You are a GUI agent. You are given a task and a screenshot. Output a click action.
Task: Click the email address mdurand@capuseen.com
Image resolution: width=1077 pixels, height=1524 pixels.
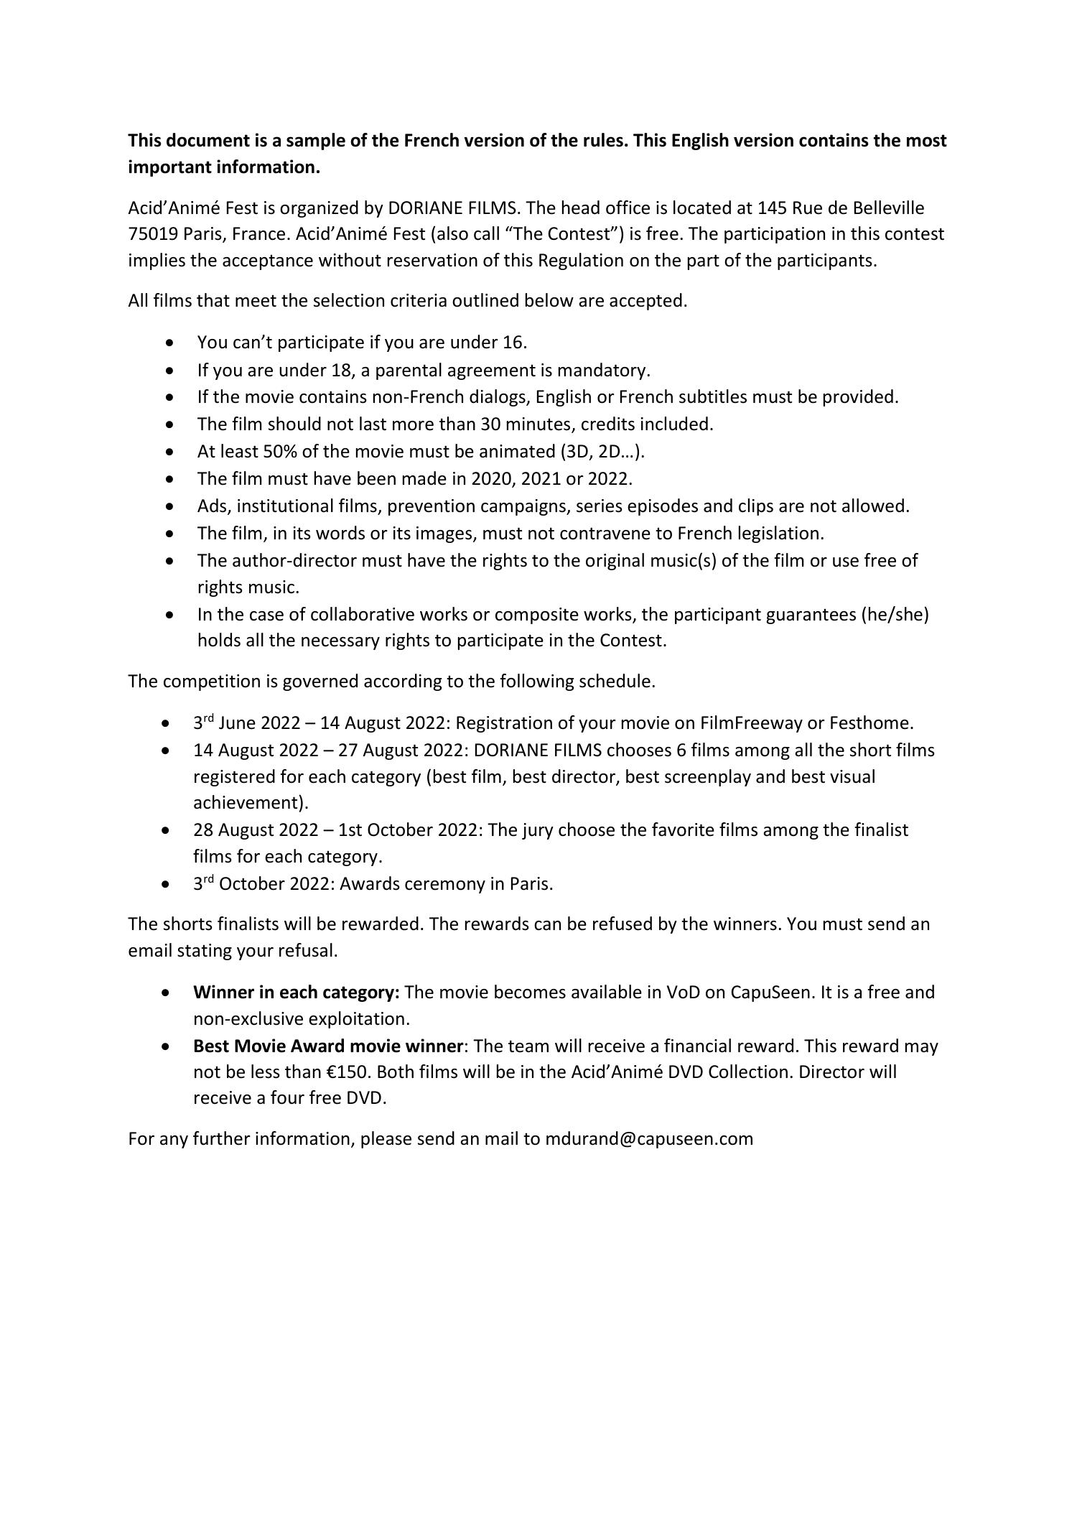[x=648, y=1138]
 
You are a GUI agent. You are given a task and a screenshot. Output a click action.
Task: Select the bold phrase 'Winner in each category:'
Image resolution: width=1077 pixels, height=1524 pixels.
[x=296, y=992]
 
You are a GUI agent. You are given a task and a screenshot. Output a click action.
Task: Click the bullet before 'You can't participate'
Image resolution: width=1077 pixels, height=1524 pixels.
[x=169, y=343]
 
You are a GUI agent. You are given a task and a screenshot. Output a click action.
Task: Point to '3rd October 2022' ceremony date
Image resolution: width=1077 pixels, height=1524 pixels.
[x=261, y=883]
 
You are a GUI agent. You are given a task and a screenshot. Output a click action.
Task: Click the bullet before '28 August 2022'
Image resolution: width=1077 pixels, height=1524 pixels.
[x=167, y=830]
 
